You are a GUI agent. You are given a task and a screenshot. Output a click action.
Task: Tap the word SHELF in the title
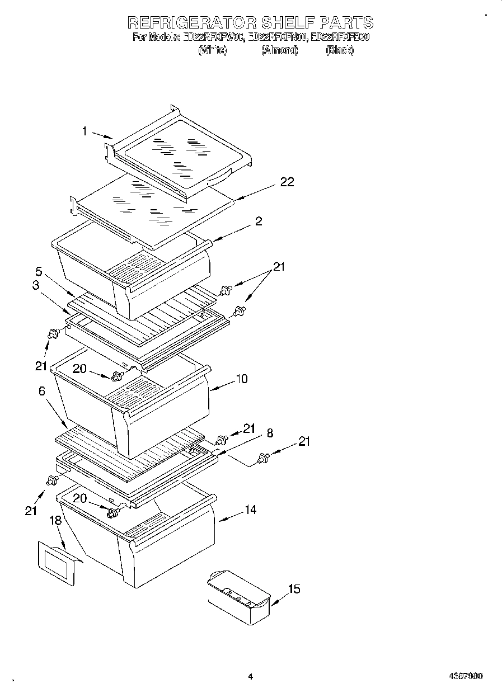[288, 22]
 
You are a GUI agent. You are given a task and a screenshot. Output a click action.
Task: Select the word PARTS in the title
[346, 22]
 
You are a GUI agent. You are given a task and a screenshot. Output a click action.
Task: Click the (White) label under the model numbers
[213, 50]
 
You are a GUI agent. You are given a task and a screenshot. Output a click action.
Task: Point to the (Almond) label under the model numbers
[280, 50]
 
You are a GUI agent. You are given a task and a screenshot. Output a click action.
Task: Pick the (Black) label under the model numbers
[340, 50]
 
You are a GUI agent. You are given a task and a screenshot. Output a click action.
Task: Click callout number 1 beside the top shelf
[85, 131]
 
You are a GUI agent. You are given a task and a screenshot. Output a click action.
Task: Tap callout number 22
[287, 182]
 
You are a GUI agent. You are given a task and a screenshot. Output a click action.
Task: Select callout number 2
[259, 221]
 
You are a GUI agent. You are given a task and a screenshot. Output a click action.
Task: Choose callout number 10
[241, 379]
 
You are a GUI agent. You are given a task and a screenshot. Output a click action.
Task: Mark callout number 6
[42, 392]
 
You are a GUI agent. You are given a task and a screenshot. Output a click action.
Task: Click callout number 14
[250, 510]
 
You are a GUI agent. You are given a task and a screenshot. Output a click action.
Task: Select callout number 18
[55, 520]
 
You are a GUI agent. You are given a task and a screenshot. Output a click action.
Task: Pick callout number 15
[294, 589]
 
